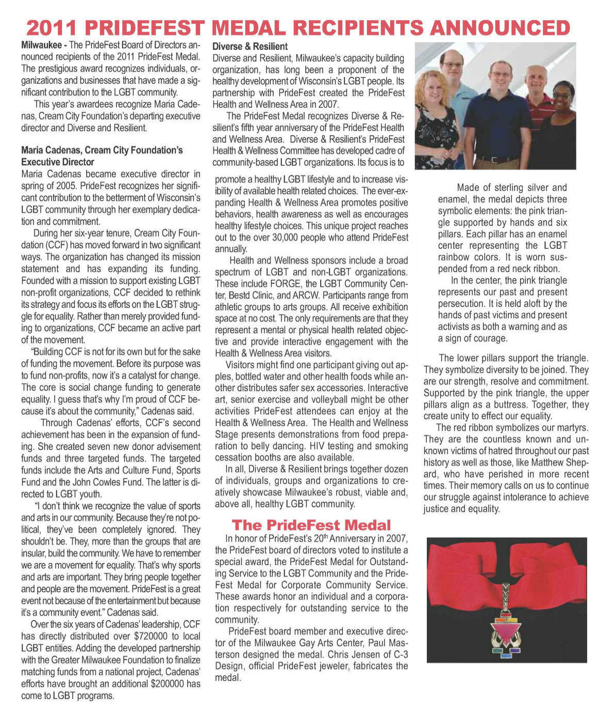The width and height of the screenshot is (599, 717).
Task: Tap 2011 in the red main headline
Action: pyautogui.click(x=53, y=27)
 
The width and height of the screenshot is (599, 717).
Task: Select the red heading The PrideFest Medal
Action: pyautogui.click(x=311, y=525)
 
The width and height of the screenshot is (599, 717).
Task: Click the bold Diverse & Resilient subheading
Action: pyautogui.click(x=250, y=47)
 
